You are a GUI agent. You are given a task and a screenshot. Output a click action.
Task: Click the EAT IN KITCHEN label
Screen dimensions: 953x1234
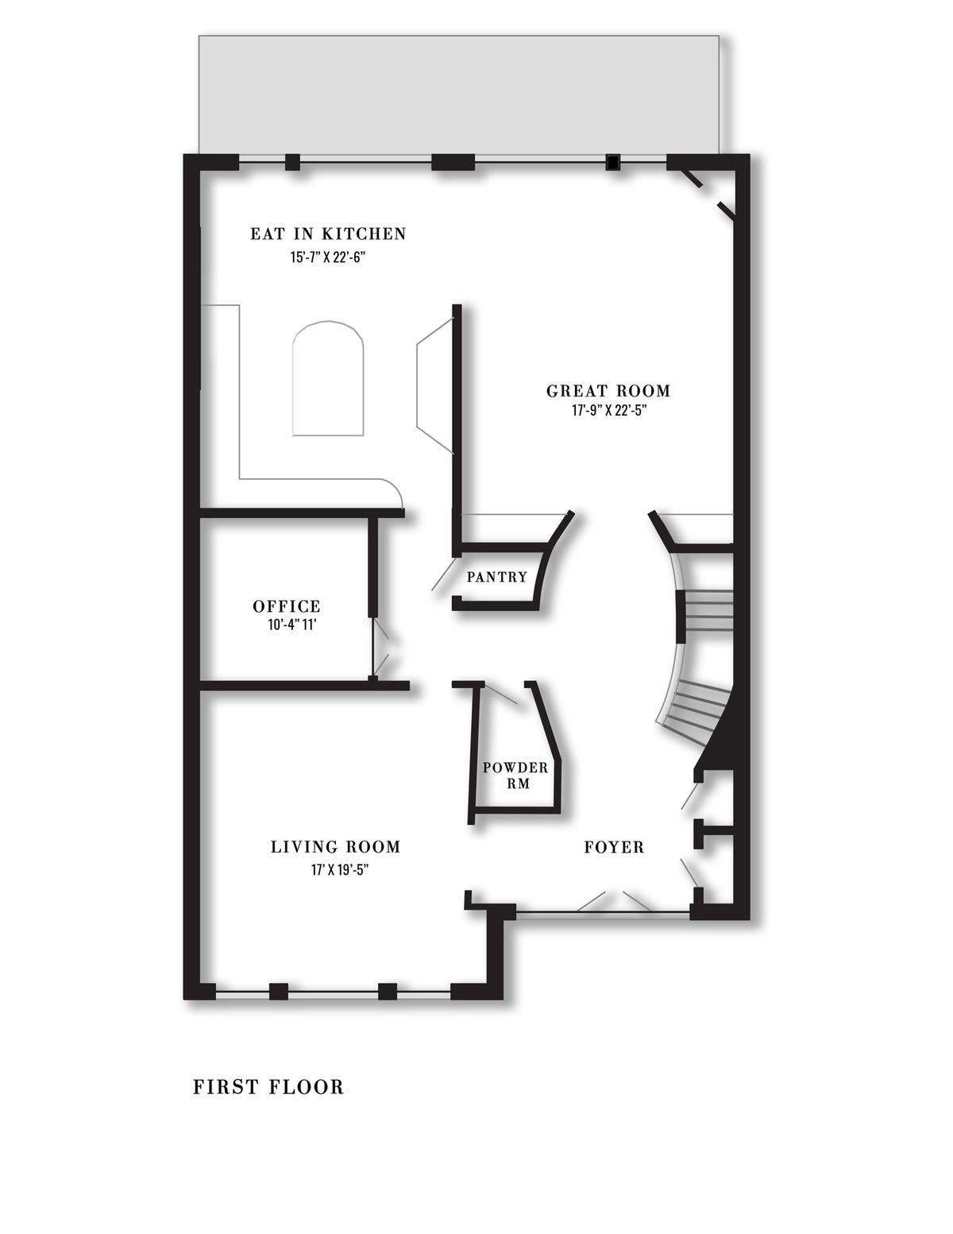coord(328,234)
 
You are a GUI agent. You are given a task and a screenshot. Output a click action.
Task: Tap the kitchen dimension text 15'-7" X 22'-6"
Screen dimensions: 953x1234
coord(327,257)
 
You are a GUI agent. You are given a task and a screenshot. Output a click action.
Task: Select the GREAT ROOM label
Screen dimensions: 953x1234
coord(608,391)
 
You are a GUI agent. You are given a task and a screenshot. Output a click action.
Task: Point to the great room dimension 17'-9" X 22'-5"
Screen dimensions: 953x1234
coord(609,411)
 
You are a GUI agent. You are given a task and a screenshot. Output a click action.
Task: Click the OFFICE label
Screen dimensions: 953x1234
coord(287,606)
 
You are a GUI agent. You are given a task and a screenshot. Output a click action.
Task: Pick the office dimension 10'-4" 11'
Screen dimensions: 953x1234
coord(291,625)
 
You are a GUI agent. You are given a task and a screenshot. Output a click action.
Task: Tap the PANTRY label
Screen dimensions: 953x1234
coord(496,578)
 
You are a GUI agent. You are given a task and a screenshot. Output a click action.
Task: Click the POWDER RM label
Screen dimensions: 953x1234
coord(515,776)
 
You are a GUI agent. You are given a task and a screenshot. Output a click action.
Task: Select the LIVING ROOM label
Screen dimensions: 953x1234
coord(335,847)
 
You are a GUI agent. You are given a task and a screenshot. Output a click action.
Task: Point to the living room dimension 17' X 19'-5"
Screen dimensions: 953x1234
coord(340,870)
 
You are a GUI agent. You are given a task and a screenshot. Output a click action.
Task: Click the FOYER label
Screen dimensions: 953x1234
coord(614,848)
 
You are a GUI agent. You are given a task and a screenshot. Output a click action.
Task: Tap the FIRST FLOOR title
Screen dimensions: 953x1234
coord(268,1088)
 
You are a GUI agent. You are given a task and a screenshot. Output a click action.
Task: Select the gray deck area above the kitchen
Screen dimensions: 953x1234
coord(458,95)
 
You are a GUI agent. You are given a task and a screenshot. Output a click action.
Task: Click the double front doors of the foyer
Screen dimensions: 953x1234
coord(614,902)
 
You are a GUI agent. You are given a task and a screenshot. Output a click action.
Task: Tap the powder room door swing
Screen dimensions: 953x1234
coord(499,694)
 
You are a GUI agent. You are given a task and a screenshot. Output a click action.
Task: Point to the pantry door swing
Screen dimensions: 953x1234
coord(444,574)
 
